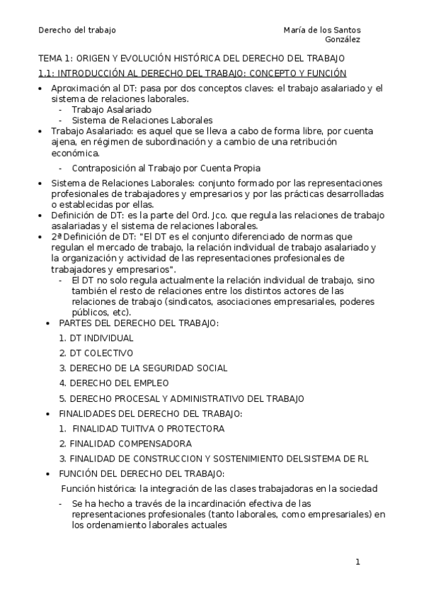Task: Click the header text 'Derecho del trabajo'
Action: pos(76,30)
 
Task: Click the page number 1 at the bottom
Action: pos(357,562)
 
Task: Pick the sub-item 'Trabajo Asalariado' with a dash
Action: pos(111,110)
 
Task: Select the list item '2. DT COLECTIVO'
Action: pos(96,353)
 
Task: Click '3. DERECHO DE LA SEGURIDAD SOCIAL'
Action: pos(143,368)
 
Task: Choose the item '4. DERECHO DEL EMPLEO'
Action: pos(114,383)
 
